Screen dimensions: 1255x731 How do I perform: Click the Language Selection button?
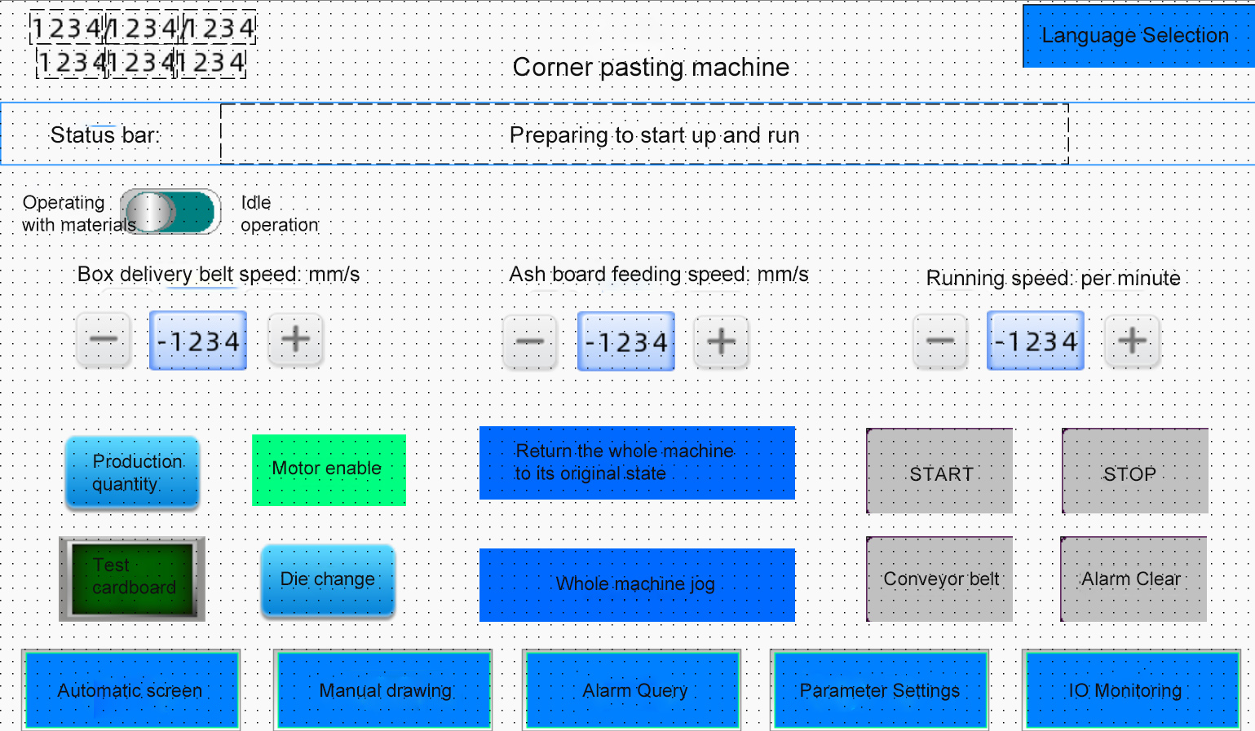(1138, 37)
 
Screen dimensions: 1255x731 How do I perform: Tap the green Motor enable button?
(329, 470)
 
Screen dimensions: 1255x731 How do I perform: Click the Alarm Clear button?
(1133, 579)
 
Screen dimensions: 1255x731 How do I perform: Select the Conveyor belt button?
(939, 579)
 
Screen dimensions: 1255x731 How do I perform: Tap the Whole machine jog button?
(637, 585)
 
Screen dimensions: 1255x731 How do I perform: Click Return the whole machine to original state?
(637, 463)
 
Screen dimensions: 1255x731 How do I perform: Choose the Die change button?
(328, 580)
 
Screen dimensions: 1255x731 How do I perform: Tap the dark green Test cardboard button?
(132, 579)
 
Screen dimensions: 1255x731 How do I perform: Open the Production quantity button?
(132, 473)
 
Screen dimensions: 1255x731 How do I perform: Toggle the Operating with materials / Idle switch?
(170, 212)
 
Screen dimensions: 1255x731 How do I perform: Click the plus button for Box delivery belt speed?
(295, 340)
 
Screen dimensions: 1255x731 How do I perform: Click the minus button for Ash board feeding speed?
(529, 342)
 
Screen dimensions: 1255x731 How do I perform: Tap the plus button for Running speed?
(1132, 341)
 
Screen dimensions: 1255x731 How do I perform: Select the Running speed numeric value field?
(1036, 341)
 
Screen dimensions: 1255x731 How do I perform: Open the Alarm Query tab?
(631, 690)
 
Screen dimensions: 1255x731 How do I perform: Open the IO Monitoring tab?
(1131, 690)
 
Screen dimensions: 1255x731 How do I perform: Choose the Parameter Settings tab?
(880, 690)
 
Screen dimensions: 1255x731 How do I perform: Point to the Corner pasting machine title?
(651, 68)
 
